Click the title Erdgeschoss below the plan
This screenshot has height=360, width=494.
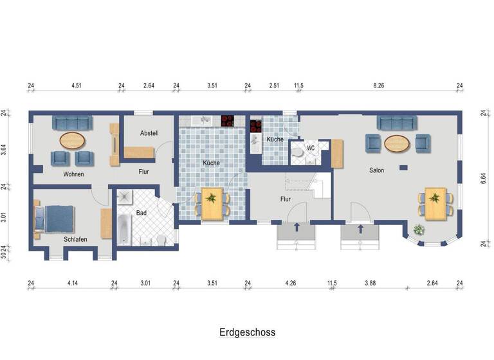[247, 332]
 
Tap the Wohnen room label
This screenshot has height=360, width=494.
[73, 174]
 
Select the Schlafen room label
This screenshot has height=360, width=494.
[75, 239]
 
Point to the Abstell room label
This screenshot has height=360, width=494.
[149, 133]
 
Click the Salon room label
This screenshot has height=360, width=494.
[376, 170]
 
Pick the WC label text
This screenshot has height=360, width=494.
[311, 148]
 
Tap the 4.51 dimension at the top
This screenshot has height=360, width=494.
[76, 85]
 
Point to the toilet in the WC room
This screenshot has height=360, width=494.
[298, 154]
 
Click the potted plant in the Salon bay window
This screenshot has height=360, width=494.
[419, 229]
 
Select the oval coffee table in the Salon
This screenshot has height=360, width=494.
[398, 144]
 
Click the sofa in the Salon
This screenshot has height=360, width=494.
[398, 123]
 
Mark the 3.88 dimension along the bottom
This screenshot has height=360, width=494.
[369, 283]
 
